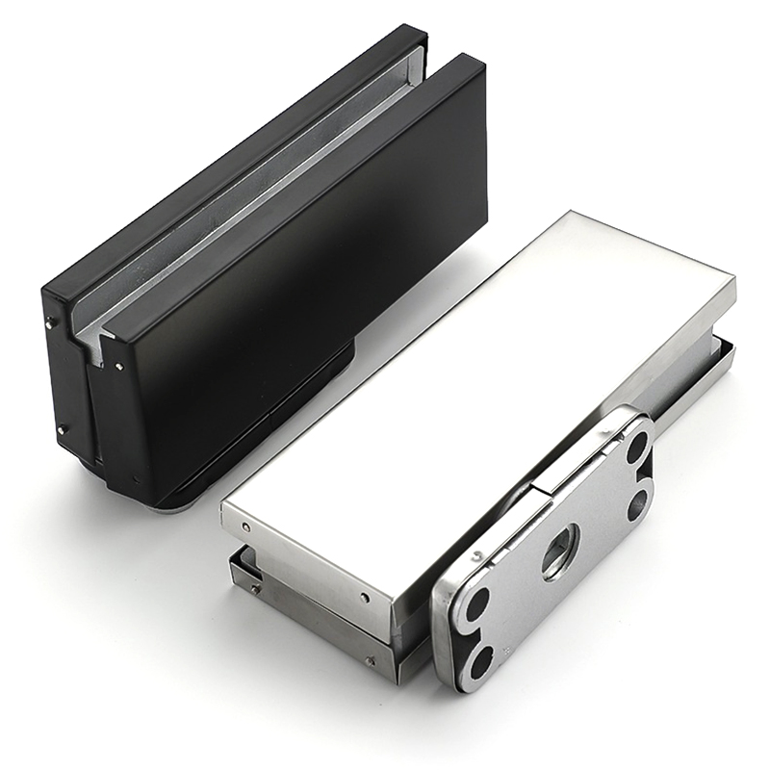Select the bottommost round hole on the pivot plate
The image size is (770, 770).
point(480,661)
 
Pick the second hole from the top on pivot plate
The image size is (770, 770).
point(638,503)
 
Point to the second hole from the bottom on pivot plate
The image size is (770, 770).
point(477,604)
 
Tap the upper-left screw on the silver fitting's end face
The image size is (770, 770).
point(247,527)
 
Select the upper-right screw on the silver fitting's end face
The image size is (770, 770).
point(365,598)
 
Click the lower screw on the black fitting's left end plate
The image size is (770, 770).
point(60,429)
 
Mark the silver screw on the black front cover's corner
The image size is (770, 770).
point(117,365)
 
